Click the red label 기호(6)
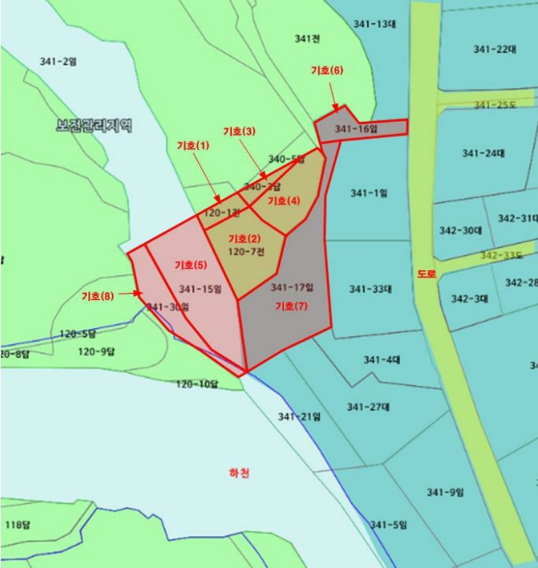click(x=327, y=71)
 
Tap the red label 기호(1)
click(x=192, y=145)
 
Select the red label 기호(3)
click(x=239, y=131)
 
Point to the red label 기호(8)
click(x=97, y=296)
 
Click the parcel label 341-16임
click(x=356, y=129)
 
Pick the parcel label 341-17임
click(x=292, y=287)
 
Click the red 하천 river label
click(x=239, y=474)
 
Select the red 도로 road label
click(x=427, y=274)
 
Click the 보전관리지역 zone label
click(x=94, y=126)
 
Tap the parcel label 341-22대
click(x=495, y=49)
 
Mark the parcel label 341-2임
click(x=58, y=61)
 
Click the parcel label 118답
click(x=17, y=524)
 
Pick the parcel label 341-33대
click(x=371, y=289)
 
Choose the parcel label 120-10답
click(x=197, y=384)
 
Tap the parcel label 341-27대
click(x=369, y=407)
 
